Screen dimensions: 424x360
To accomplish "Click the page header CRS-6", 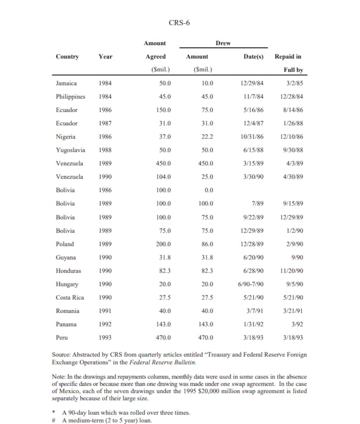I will point(179,23).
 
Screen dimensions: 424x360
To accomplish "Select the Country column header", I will point(67,57).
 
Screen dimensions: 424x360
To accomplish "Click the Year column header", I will point(105,57).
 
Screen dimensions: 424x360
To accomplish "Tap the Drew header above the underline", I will point(223,43).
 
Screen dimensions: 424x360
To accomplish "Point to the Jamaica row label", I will point(66,83).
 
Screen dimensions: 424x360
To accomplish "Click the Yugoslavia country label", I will point(71,150).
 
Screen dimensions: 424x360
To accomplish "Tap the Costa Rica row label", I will point(70,298).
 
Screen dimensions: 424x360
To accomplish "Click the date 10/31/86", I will point(252,137).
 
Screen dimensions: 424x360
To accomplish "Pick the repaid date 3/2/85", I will point(294,83).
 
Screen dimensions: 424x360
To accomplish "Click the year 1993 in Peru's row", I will point(105,337).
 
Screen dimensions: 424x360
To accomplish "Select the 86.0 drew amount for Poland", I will point(207,244).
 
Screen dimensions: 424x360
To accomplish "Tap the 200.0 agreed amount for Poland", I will point(163,244).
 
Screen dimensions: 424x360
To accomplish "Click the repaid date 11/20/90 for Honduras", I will point(291,271).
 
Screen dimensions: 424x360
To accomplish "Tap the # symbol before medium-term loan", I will point(54,420).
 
